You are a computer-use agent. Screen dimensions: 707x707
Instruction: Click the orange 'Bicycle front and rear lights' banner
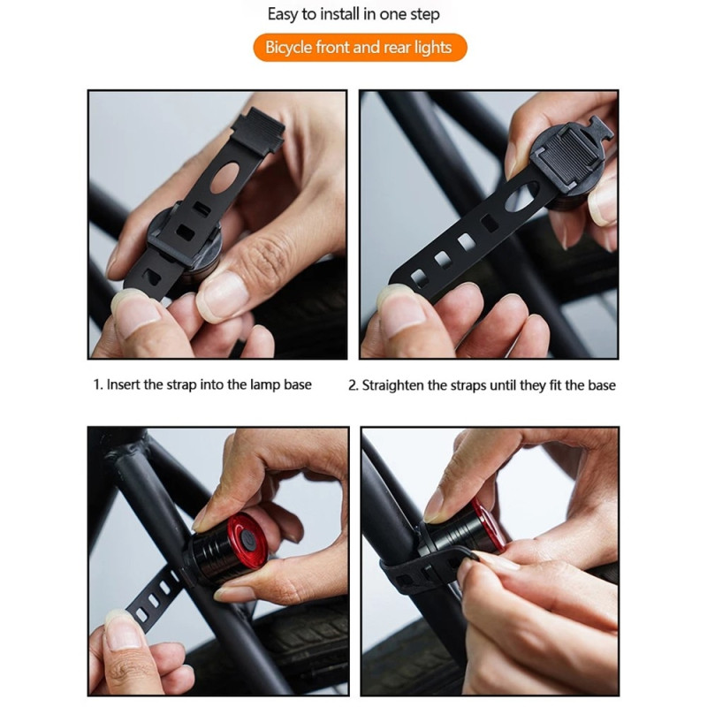pos(359,47)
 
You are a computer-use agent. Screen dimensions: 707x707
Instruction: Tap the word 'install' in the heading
pos(344,14)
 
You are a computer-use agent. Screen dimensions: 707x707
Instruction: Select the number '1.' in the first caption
pos(98,385)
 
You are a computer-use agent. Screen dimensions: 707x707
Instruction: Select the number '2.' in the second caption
pos(353,385)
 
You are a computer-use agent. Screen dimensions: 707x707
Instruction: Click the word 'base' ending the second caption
pos(601,385)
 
